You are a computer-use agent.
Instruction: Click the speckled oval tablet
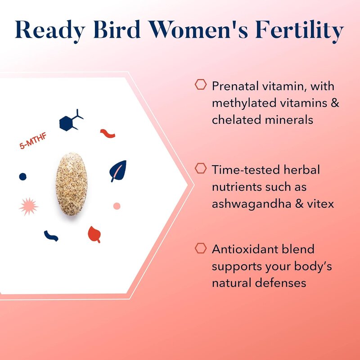coord(71,185)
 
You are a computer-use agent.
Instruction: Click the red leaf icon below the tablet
coord(94,234)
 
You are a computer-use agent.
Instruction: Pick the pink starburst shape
coord(29,207)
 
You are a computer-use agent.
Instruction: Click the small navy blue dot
coord(22,177)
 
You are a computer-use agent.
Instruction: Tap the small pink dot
coord(117,206)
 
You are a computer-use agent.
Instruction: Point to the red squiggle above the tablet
coord(108,133)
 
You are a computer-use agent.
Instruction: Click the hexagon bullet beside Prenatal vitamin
coord(201,84)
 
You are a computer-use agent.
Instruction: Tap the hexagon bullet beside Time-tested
coord(201,168)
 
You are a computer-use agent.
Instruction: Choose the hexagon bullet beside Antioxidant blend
coord(201,247)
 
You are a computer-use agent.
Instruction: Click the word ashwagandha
coord(256,204)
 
